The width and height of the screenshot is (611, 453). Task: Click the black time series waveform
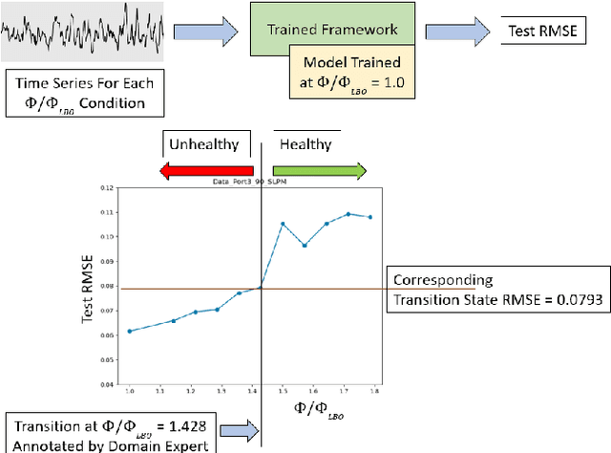84,32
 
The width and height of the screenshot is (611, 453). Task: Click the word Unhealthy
203,145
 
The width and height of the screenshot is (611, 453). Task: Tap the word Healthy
305,145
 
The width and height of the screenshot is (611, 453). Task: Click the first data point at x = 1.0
130,332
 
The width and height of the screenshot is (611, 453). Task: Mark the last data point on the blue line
370,217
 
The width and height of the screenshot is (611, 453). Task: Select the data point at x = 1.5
283,224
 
